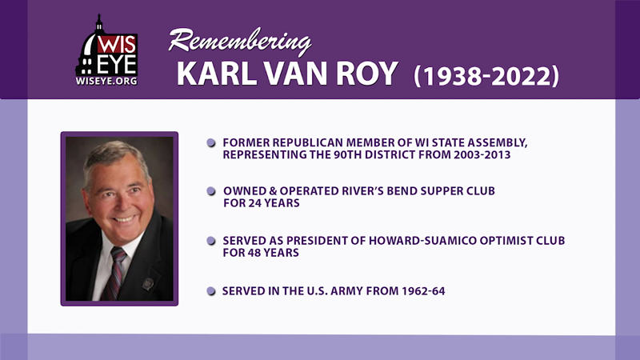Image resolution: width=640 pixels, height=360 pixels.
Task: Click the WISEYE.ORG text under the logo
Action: pyautogui.click(x=106, y=82)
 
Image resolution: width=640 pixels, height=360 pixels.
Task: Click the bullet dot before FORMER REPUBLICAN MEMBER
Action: pyautogui.click(x=211, y=142)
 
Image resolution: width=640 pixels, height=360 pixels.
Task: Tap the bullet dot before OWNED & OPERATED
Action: pyautogui.click(x=211, y=191)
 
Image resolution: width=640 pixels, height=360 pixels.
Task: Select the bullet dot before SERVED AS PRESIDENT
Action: pyautogui.click(x=211, y=241)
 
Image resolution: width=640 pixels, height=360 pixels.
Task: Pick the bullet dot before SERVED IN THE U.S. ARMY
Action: pyautogui.click(x=211, y=291)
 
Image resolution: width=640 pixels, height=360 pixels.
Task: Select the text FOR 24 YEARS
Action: pyautogui.click(x=262, y=204)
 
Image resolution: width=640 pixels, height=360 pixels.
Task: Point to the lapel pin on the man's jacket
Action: pyautogui.click(x=146, y=283)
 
